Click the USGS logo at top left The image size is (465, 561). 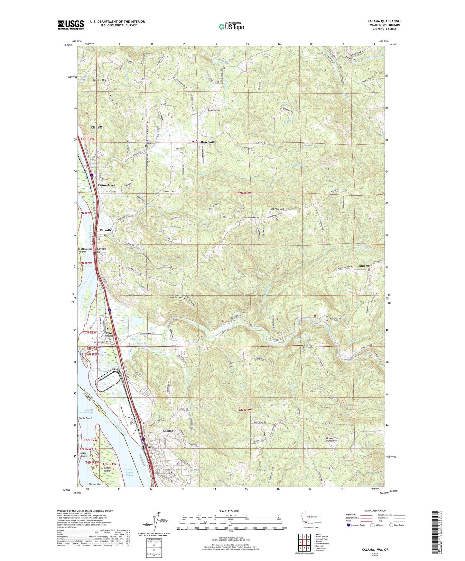point(70,25)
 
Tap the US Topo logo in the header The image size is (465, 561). point(231,26)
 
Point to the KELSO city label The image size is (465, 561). point(96,127)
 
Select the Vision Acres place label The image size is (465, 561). point(106,185)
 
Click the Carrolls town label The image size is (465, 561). point(105,230)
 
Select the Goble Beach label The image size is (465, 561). point(85,418)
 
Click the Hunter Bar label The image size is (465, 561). point(94,484)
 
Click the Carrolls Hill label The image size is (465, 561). point(99,80)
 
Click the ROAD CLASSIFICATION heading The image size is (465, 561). point(375,511)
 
